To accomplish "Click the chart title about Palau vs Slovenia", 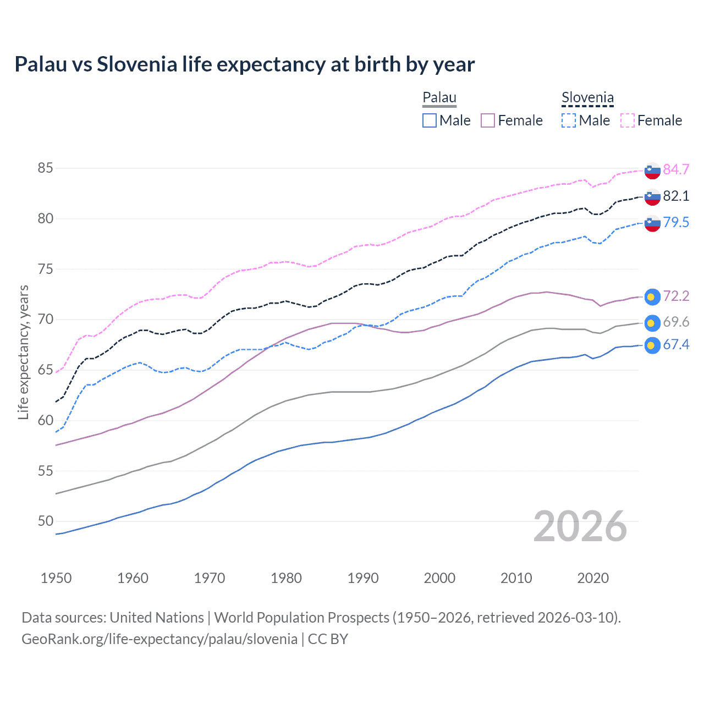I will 244,64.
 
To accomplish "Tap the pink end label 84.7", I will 676,169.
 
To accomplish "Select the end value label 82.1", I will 676,196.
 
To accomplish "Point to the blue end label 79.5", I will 676,222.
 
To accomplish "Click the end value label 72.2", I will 676,296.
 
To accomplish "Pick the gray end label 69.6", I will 676,322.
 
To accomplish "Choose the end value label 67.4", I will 676,345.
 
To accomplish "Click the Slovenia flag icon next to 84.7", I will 652,170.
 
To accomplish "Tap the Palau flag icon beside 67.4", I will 652,345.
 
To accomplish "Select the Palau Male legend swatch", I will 430,120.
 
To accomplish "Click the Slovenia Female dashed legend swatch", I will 628,120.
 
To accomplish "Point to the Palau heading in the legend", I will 439,98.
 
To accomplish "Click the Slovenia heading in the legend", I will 587,98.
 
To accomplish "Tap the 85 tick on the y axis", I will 46,168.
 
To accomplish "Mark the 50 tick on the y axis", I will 46,521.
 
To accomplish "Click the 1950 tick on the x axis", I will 56,578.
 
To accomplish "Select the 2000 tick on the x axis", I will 439,578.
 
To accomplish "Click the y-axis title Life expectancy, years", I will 23,352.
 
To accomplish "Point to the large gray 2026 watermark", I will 580,526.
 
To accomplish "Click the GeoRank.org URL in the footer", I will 159,639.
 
